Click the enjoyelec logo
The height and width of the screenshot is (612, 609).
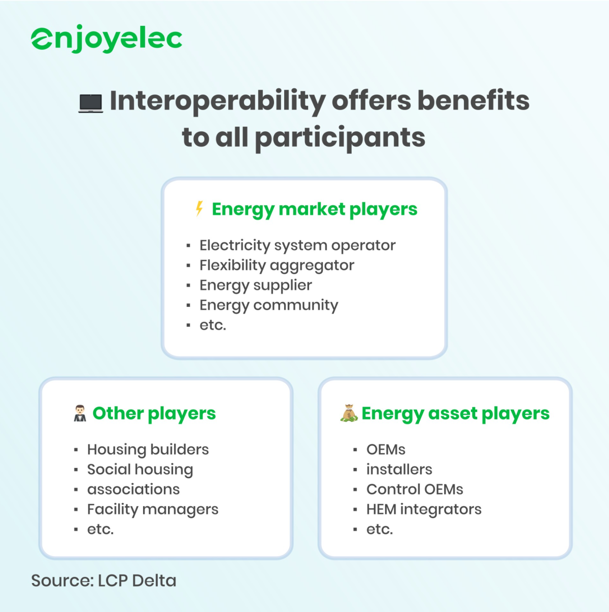(x=107, y=39)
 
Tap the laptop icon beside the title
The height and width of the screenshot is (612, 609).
(x=91, y=103)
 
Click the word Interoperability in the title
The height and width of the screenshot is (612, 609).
(x=217, y=101)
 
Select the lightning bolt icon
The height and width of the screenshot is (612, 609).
(x=199, y=208)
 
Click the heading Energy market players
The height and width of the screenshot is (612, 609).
(x=314, y=209)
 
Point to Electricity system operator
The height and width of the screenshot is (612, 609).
(x=297, y=245)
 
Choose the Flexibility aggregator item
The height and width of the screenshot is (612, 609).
(x=277, y=265)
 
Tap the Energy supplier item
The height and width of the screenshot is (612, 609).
(x=255, y=285)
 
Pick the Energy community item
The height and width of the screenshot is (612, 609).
(x=268, y=305)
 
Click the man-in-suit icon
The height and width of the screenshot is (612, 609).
(x=80, y=413)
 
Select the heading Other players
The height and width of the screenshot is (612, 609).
(x=154, y=413)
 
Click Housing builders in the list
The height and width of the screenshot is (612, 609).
(x=148, y=449)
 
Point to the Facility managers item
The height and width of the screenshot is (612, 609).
(x=152, y=509)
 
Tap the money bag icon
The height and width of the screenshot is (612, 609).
(x=349, y=413)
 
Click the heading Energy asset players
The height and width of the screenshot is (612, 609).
(x=455, y=413)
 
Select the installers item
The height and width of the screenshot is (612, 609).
(x=399, y=470)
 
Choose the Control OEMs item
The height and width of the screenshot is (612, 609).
(x=415, y=489)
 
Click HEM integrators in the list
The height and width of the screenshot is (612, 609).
(x=424, y=509)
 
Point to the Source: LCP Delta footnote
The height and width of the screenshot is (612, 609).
(x=104, y=581)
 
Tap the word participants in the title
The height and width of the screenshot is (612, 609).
(x=340, y=138)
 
